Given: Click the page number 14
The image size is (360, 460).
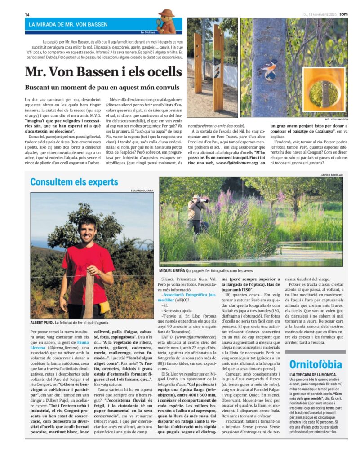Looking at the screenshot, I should click(x=27, y=15).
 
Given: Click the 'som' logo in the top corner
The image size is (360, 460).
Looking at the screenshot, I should click(x=343, y=13).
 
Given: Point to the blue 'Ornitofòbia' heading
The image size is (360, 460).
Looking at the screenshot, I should click(x=316, y=364).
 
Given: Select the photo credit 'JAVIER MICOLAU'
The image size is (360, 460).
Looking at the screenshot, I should click(x=332, y=174).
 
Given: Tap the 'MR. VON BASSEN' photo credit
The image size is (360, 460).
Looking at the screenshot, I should click(x=335, y=119).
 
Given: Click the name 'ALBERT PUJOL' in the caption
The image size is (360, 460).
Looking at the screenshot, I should click(x=42, y=323).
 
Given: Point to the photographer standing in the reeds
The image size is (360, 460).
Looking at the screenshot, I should click(x=196, y=212).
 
